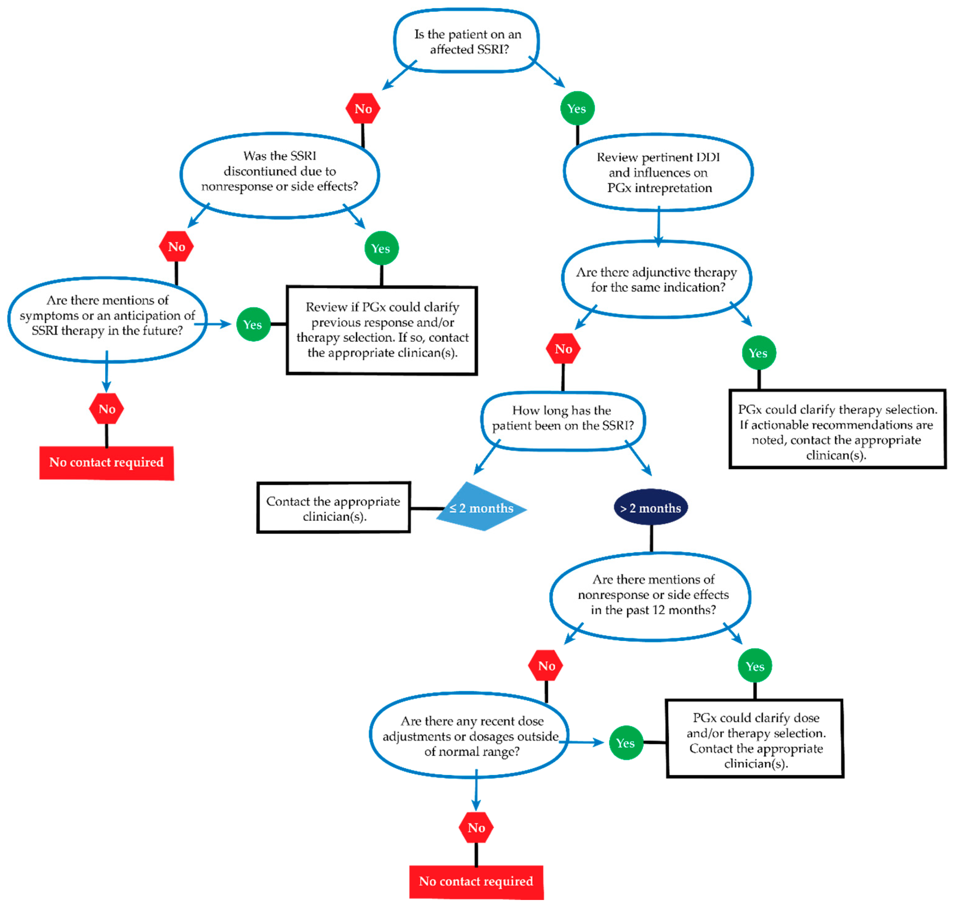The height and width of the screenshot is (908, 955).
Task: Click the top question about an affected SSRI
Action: pyautogui.click(x=467, y=41)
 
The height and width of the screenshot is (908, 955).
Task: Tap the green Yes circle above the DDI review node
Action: pyautogui.click(x=577, y=108)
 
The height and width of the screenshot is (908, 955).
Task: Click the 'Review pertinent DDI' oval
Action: pyautogui.click(x=658, y=172)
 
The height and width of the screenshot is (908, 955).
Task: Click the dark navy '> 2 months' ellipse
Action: pyautogui.click(x=650, y=508)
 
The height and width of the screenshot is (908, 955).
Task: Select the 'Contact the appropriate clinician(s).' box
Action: pyautogui.click(x=334, y=508)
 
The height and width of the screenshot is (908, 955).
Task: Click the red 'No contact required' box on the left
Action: pyautogui.click(x=107, y=462)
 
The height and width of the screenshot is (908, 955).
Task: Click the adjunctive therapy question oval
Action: pyautogui.click(x=656, y=280)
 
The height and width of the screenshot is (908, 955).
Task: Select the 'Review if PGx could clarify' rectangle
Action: pyautogui.click(x=382, y=330)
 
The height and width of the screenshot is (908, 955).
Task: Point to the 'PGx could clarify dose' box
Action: pyautogui.click(x=755, y=739)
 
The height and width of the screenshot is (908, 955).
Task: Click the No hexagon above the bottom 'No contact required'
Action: pyautogui.click(x=476, y=828)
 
